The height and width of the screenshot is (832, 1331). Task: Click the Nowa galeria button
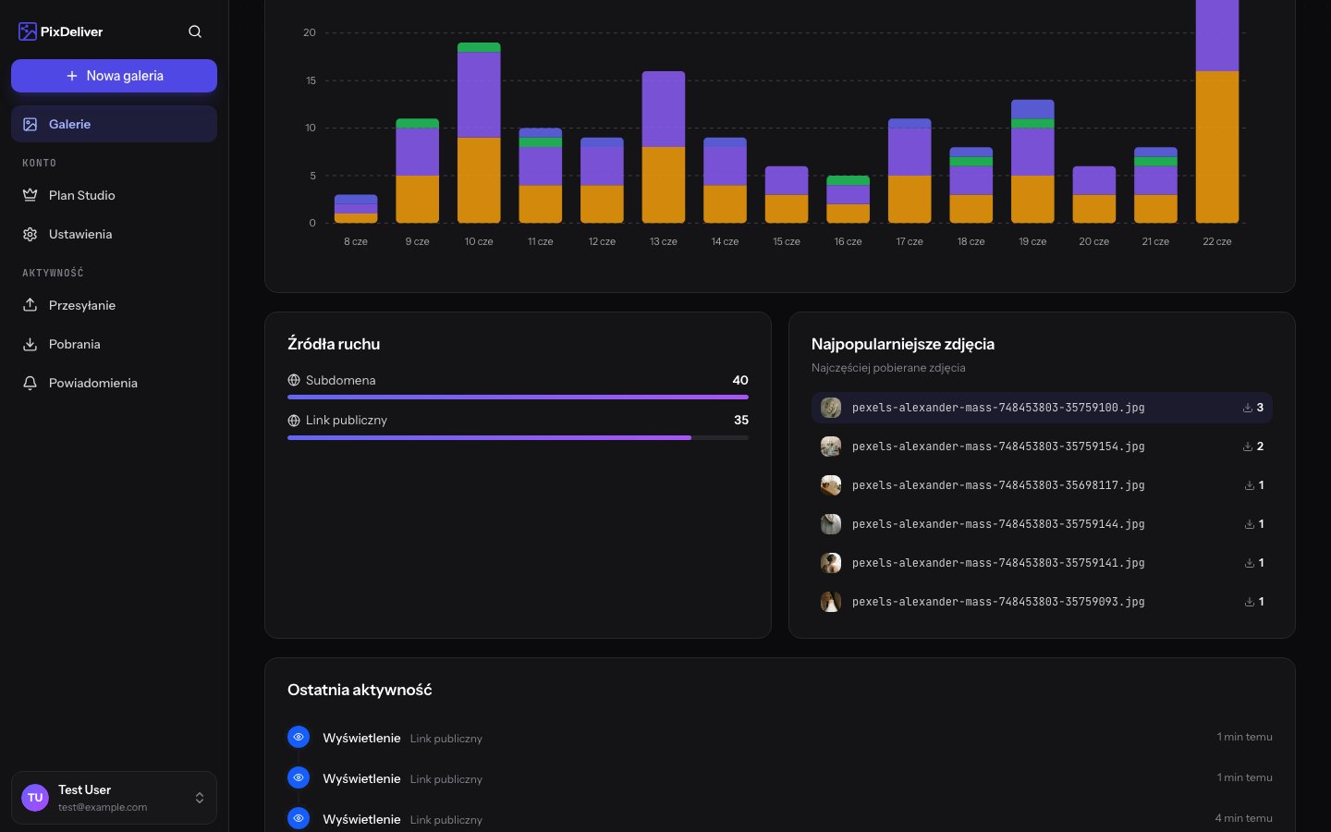pyautogui.click(x=114, y=76)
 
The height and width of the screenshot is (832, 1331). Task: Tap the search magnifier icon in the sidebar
pyautogui.click(x=195, y=31)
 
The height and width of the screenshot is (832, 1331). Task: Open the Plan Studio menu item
pyautogui.click(x=82, y=195)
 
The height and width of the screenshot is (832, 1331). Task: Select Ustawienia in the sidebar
pyautogui.click(x=80, y=234)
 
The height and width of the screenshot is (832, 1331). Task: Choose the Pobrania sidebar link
pyautogui.click(x=74, y=344)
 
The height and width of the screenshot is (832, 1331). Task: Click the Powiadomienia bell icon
pyautogui.click(x=30, y=383)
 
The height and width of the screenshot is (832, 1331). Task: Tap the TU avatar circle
pyautogui.click(x=35, y=798)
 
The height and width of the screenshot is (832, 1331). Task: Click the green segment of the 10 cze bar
pyautogui.click(x=479, y=47)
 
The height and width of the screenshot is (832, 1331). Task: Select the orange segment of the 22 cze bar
pyautogui.click(x=1217, y=147)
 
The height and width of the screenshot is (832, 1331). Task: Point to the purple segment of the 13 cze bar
pyautogui.click(x=663, y=109)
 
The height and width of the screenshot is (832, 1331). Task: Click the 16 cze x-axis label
pyautogui.click(x=848, y=241)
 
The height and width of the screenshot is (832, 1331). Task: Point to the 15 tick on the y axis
pyautogui.click(x=311, y=80)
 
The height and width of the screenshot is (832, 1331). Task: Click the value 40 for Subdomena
pyautogui.click(x=739, y=380)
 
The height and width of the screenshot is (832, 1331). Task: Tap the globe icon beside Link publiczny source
pyautogui.click(x=294, y=420)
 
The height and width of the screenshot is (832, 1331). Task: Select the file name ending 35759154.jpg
pyautogui.click(x=998, y=447)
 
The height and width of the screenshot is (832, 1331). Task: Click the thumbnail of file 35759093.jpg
pyautogui.click(x=831, y=602)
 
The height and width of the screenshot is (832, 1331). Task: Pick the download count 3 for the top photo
pyautogui.click(x=1260, y=408)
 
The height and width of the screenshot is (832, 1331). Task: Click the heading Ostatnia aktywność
pyautogui.click(x=360, y=690)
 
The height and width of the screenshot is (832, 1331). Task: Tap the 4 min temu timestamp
pyautogui.click(x=1243, y=818)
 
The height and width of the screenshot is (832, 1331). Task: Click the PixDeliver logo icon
pyautogui.click(x=28, y=31)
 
